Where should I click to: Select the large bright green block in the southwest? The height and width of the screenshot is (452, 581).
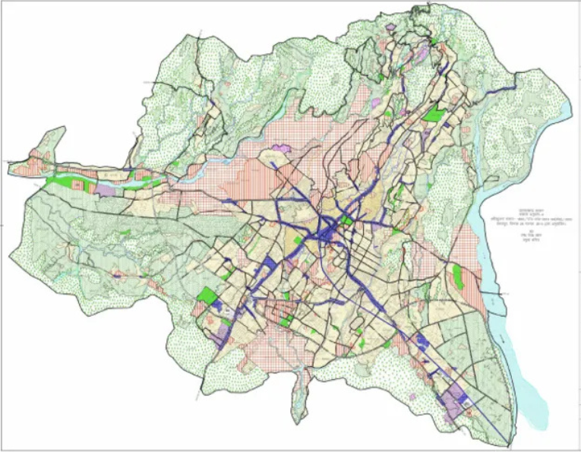206,293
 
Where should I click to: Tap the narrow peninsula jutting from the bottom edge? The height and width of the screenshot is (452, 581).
302,399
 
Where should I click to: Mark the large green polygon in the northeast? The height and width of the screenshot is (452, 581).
433,114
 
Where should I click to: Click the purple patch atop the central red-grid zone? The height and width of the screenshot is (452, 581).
282,147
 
